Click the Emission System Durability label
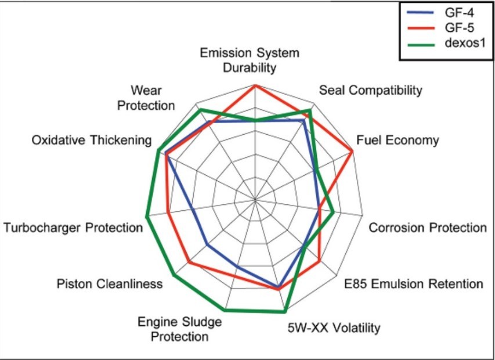point(250,60)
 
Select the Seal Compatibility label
point(370,91)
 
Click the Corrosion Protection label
point(428,228)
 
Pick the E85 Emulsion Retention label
point(413,284)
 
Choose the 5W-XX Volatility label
point(334,327)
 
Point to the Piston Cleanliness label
point(110,284)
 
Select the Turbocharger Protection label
point(73,228)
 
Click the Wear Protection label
point(153,98)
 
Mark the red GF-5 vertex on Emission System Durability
point(255,85)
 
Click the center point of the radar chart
point(255,200)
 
